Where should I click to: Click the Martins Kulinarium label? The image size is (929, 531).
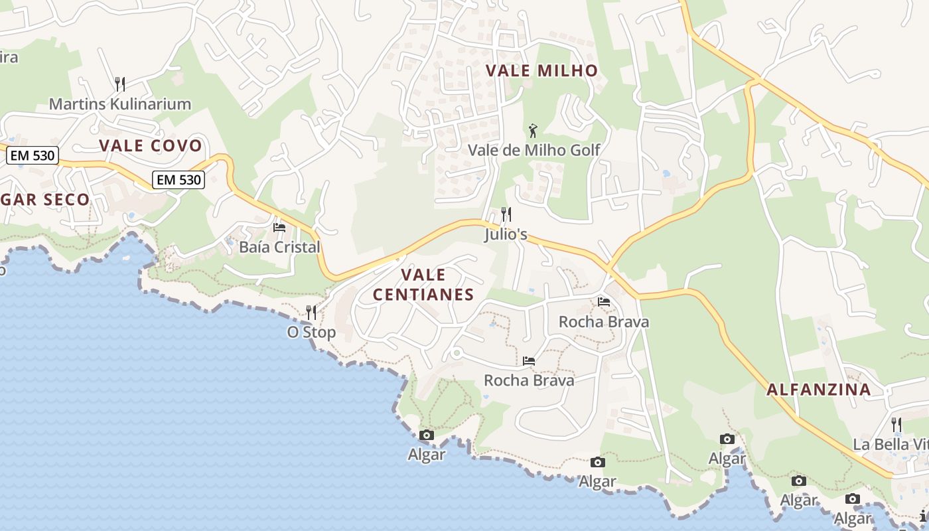pos(120,104)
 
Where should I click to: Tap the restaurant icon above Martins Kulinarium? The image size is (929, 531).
pos(120,84)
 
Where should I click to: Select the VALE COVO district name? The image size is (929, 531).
pos(151,146)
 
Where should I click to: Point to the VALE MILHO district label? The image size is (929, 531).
pos(541,71)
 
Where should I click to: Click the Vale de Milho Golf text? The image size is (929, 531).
pos(534,150)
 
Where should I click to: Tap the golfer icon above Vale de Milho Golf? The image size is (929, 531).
pos(532,131)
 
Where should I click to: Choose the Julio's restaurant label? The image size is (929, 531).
pos(506,234)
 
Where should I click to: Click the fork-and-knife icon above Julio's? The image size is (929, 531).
pos(506,214)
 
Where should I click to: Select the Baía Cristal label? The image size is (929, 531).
pos(279,247)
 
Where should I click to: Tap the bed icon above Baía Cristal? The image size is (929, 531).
pos(279,227)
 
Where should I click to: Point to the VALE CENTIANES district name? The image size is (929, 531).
pos(423,285)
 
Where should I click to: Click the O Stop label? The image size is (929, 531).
pos(311,332)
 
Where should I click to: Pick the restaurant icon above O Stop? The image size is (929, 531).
pos(311,312)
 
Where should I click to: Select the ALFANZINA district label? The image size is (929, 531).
pos(819,390)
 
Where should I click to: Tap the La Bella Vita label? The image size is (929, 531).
pos(891,444)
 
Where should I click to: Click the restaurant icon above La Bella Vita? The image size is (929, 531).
pos(896,423)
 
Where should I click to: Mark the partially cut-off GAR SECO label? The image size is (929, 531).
pos(45,200)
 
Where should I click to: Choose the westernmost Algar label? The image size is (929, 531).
pos(427,455)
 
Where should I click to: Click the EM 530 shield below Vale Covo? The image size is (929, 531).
pos(178,179)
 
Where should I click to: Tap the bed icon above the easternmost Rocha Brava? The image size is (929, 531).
pos(604,301)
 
